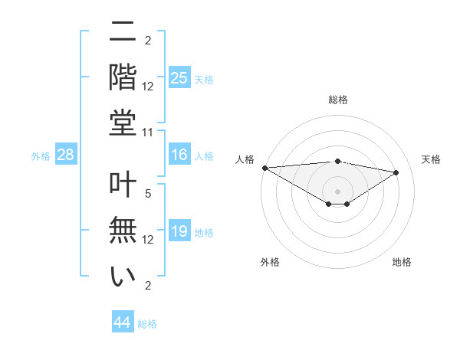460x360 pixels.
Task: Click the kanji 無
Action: pyautogui.click(x=123, y=229)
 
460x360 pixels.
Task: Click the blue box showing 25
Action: pyautogui.click(x=179, y=77)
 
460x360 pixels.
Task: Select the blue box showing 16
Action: pyautogui.click(x=179, y=155)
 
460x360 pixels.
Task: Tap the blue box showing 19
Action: pyautogui.click(x=179, y=231)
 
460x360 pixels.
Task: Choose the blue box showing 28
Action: pyautogui.click(x=66, y=155)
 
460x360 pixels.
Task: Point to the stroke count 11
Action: pyautogui.click(x=149, y=133)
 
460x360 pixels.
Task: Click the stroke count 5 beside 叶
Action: pyautogui.click(x=149, y=195)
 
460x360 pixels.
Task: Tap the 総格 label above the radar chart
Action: pyautogui.click(x=337, y=100)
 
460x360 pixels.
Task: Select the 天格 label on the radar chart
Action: pyautogui.click(x=431, y=159)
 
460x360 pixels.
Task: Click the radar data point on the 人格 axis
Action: pyautogui.click(x=264, y=168)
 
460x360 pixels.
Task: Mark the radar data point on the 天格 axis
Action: pyautogui.click(x=396, y=172)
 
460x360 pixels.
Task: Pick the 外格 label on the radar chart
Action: pyautogui.click(x=269, y=262)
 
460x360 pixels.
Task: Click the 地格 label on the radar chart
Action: pyautogui.click(x=402, y=262)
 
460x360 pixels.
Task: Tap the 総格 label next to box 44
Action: pyautogui.click(x=148, y=324)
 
